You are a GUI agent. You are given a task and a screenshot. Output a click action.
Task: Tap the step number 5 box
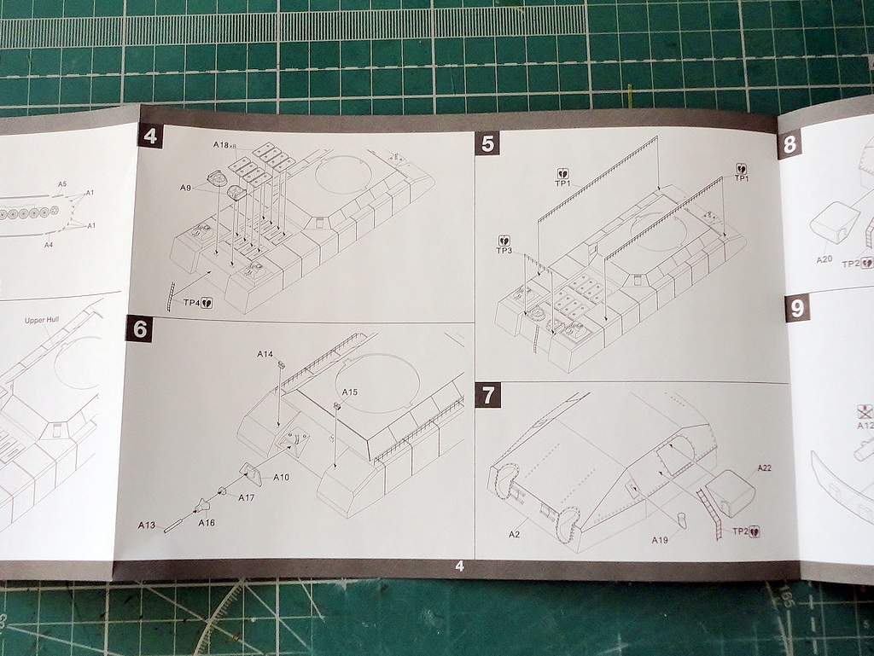[x=487, y=142]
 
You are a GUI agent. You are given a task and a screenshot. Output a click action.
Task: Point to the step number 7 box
[x=487, y=396]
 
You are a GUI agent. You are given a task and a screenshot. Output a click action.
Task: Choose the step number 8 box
[x=790, y=145]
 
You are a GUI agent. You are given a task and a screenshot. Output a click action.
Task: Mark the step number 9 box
[x=797, y=309]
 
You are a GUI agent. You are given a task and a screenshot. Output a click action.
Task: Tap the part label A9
[x=185, y=188]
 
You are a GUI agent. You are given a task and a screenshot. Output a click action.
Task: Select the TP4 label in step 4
[x=192, y=302]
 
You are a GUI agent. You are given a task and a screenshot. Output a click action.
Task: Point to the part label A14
[x=265, y=353]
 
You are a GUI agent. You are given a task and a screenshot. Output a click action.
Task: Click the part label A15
[x=350, y=392]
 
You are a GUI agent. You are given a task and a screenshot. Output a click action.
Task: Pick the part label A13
[x=147, y=525]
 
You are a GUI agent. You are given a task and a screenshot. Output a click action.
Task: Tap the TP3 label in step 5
[x=504, y=251]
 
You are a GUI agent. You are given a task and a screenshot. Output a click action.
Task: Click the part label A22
[x=764, y=467]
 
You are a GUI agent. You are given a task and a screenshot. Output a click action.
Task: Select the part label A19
[x=660, y=540]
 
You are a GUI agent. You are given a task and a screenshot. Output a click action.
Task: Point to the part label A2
[x=515, y=535]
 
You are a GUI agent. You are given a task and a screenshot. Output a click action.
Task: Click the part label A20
[x=824, y=258]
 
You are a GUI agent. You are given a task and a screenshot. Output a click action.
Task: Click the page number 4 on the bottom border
[x=459, y=566]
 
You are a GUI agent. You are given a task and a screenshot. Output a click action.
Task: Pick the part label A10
[x=281, y=477]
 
